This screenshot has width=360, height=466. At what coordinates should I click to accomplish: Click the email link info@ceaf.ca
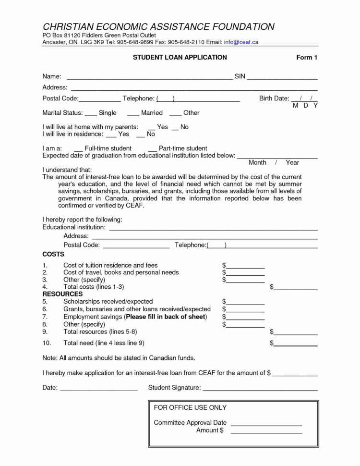(x=241, y=42)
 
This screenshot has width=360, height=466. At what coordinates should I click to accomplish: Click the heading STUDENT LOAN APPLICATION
(x=180, y=58)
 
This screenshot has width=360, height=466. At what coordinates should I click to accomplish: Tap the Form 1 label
(x=307, y=58)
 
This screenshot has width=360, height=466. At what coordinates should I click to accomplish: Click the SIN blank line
(x=282, y=78)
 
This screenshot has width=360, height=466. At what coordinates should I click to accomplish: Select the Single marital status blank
(x=91, y=115)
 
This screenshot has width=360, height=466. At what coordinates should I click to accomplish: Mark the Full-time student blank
(x=78, y=151)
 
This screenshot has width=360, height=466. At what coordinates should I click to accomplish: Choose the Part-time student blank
(x=152, y=151)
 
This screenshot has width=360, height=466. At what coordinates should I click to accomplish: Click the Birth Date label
(x=274, y=98)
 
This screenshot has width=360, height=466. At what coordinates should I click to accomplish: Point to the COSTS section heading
(x=53, y=254)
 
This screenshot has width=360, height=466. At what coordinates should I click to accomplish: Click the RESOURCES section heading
(x=62, y=294)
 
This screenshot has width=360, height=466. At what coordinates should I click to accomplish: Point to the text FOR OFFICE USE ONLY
(x=190, y=408)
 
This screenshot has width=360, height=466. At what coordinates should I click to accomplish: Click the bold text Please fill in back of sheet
(x=166, y=317)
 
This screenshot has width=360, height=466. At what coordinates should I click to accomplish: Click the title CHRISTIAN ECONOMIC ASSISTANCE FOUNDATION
(x=158, y=27)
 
